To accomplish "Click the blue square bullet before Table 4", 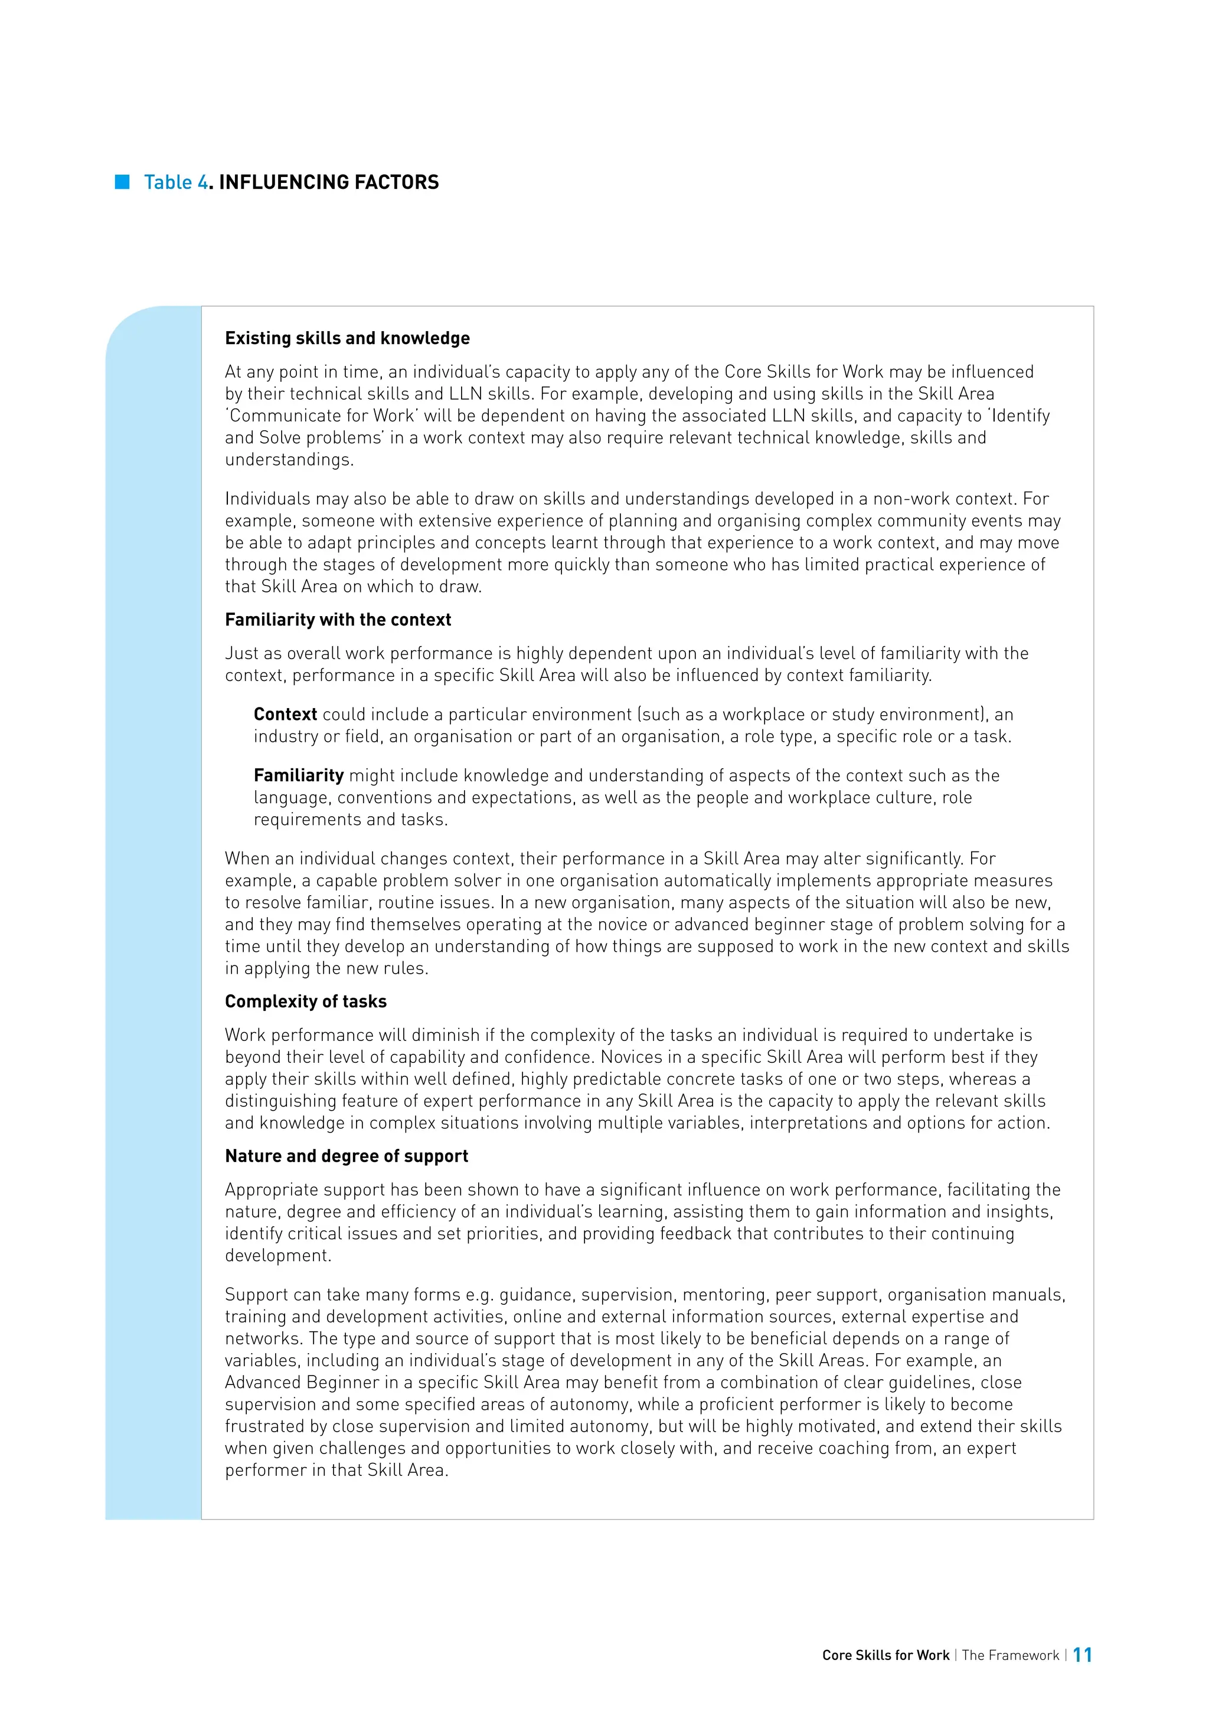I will tap(122, 182).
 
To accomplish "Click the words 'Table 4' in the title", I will tap(176, 182).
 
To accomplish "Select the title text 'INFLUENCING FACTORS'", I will tap(328, 182).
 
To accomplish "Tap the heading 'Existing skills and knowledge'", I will tap(347, 338).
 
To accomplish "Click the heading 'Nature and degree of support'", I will tap(346, 1156).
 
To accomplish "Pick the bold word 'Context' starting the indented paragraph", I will tap(285, 715).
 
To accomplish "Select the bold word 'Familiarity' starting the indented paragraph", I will tap(299, 775).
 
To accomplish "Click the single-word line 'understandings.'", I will tap(289, 460).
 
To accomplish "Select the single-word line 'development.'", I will tap(277, 1256).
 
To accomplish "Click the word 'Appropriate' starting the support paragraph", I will tap(269, 1190).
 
